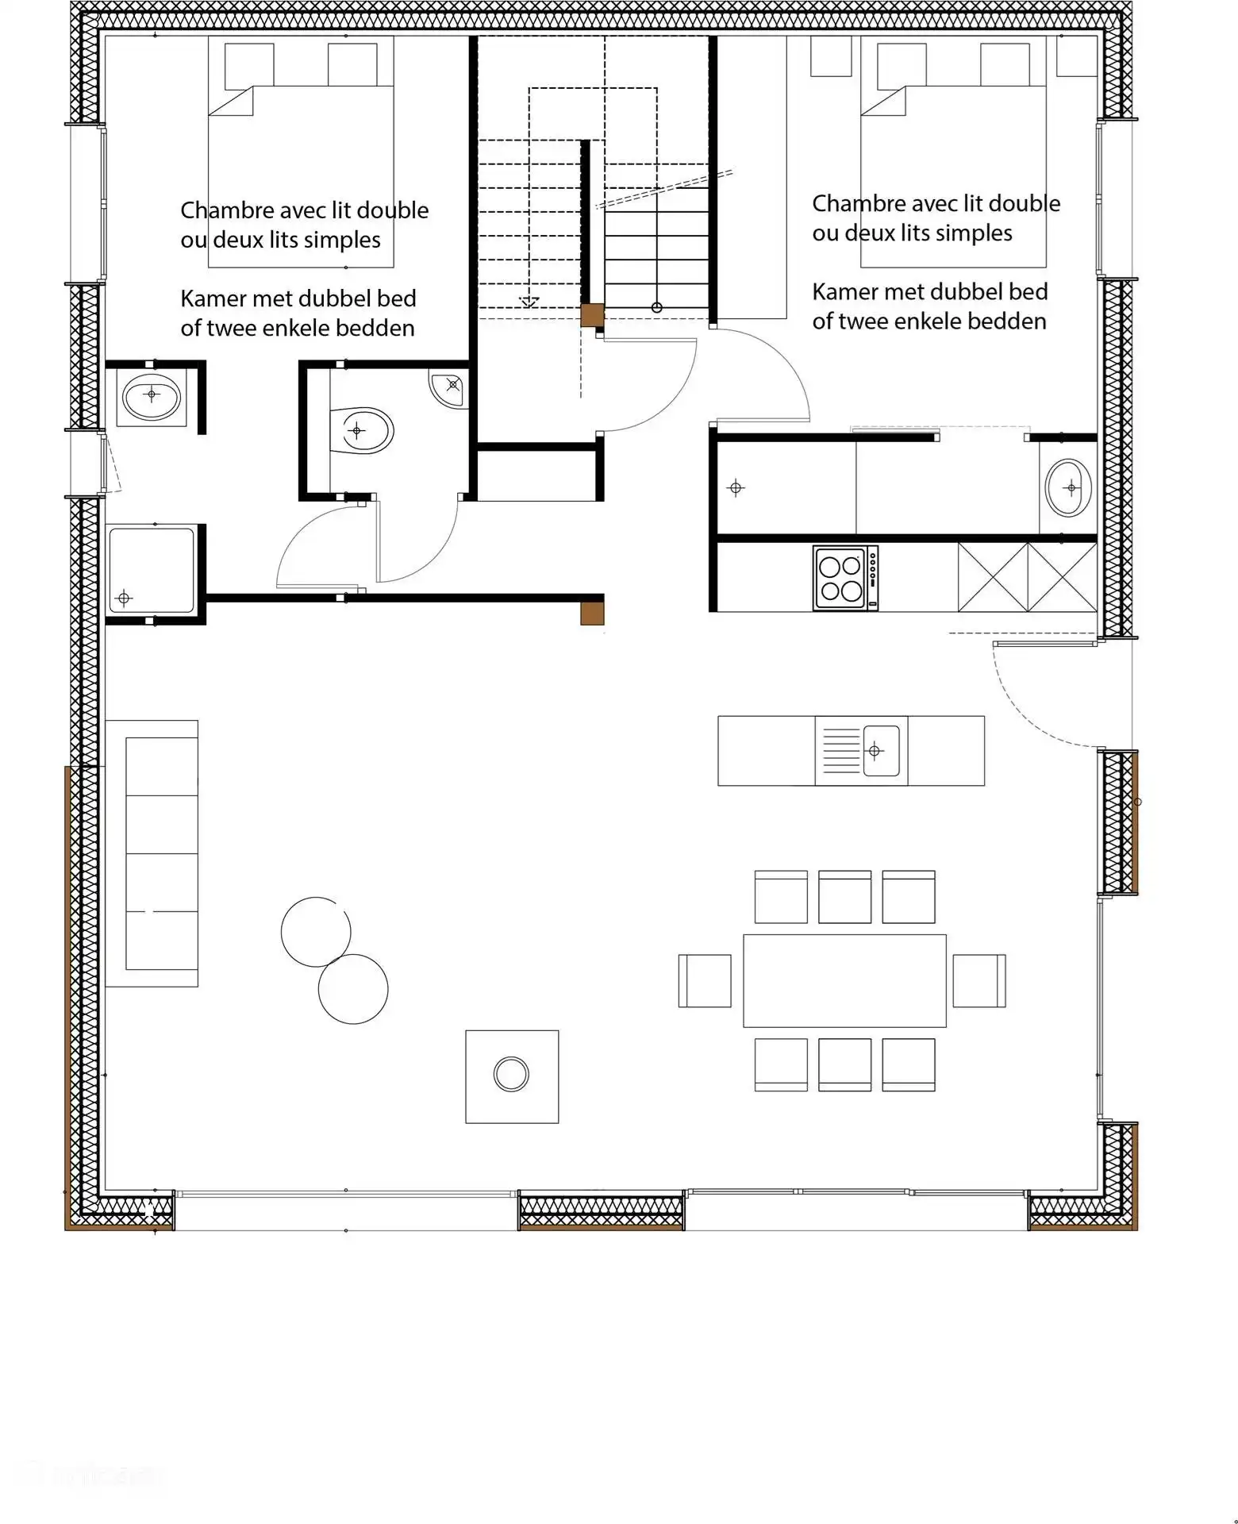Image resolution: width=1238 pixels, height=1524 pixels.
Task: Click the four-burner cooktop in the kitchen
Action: pyautogui.click(x=845, y=578)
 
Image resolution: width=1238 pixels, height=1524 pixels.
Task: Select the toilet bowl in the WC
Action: pyautogui.click(x=361, y=431)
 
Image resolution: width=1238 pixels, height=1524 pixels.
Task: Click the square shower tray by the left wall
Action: pyautogui.click(x=152, y=570)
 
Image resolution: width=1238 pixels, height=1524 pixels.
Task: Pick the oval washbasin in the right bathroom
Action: pyautogui.click(x=1068, y=487)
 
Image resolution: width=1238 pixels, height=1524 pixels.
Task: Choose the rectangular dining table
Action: pyautogui.click(x=844, y=980)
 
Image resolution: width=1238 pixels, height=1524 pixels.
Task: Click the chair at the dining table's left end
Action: pyautogui.click(x=705, y=981)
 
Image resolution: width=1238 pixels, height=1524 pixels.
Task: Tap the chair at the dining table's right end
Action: pyautogui.click(x=979, y=981)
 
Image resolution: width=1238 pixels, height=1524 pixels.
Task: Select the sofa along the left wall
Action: pyautogui.click(x=152, y=853)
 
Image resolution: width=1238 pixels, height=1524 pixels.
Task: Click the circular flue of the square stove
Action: pyautogui.click(x=511, y=1074)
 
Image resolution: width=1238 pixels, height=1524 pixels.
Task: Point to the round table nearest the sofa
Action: pyautogui.click(x=316, y=932)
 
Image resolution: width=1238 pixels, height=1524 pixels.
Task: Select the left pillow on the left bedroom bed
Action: pyautogui.click(x=249, y=65)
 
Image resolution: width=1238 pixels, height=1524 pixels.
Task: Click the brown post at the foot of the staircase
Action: pyautogui.click(x=592, y=315)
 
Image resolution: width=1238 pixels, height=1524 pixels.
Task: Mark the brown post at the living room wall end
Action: pyautogui.click(x=592, y=614)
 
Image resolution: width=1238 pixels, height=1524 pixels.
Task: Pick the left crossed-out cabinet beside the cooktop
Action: pyautogui.click(x=993, y=577)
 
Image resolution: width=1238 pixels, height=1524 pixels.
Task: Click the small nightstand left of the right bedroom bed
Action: pyautogui.click(x=831, y=56)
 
